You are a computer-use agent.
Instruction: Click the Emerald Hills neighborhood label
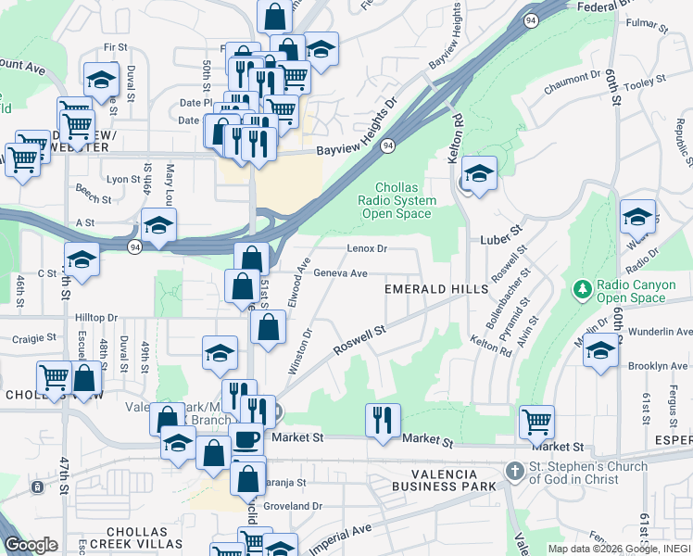(436, 290)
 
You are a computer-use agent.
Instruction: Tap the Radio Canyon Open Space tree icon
(583, 289)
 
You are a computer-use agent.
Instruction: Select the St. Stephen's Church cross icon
(515, 472)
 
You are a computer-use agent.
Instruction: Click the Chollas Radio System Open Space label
(405, 201)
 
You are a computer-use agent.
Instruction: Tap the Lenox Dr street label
(366, 249)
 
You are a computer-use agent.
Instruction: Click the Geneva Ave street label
(340, 273)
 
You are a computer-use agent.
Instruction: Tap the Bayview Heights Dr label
(357, 126)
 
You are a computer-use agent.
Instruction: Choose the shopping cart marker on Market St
(536, 422)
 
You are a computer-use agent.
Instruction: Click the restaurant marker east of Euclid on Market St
(382, 420)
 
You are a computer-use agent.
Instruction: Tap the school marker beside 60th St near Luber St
(637, 216)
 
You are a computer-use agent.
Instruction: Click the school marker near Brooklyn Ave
(601, 351)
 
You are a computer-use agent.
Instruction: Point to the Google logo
(31, 545)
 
